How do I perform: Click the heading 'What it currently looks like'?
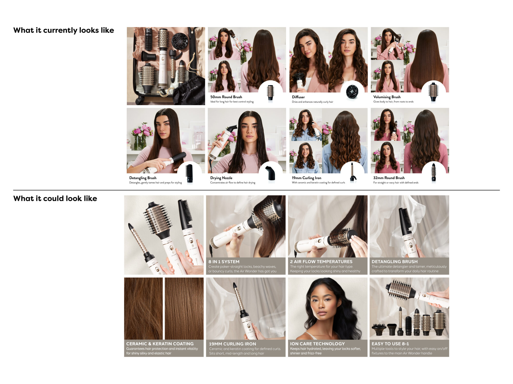64,30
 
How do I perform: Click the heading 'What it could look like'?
55,198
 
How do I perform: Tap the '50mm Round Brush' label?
226,97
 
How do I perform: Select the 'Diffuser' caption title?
298,97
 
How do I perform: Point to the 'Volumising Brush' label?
387,97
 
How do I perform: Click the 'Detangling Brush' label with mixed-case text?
143,178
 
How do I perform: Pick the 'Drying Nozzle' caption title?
221,178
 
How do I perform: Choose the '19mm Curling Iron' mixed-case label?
307,178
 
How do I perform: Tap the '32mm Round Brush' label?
389,178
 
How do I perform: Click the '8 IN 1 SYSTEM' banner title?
224,262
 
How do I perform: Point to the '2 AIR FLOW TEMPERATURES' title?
321,262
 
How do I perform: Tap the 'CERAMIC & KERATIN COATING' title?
160,344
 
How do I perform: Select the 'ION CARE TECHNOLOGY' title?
317,344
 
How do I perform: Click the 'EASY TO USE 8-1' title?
390,344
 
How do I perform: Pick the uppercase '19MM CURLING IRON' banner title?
232,344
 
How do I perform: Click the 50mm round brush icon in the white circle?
270,92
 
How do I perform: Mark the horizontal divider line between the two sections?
256,190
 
